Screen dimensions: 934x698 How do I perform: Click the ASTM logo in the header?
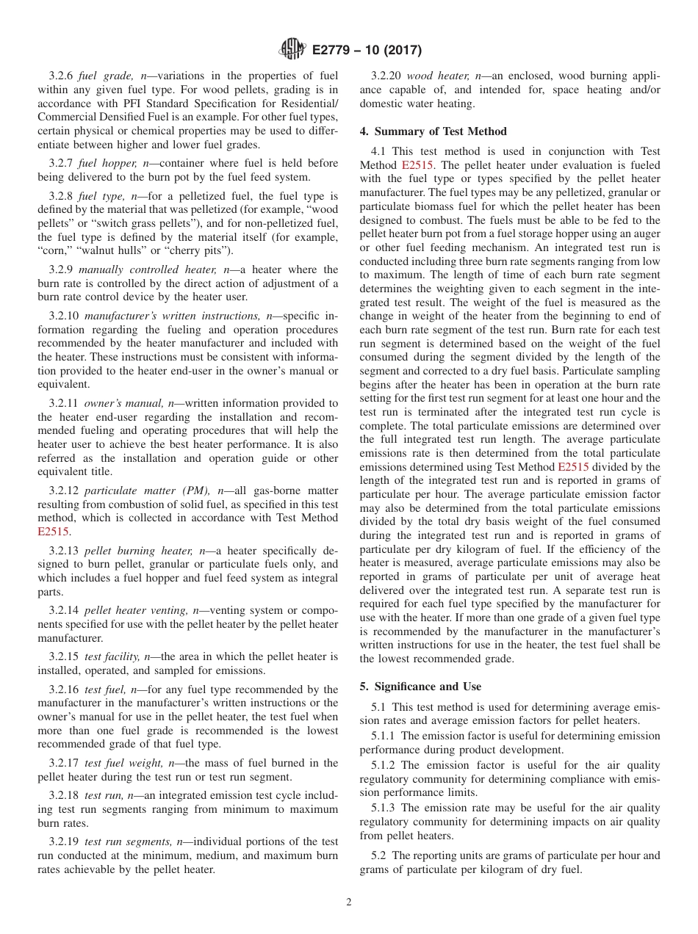click(x=292, y=51)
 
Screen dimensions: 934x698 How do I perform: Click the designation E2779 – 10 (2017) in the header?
click(x=367, y=51)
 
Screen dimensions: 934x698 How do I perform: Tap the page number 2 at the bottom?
click(x=349, y=902)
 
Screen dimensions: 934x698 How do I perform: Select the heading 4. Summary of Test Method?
click(x=433, y=131)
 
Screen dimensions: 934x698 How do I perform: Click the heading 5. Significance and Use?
click(x=420, y=687)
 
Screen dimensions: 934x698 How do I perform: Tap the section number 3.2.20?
click(x=386, y=76)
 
